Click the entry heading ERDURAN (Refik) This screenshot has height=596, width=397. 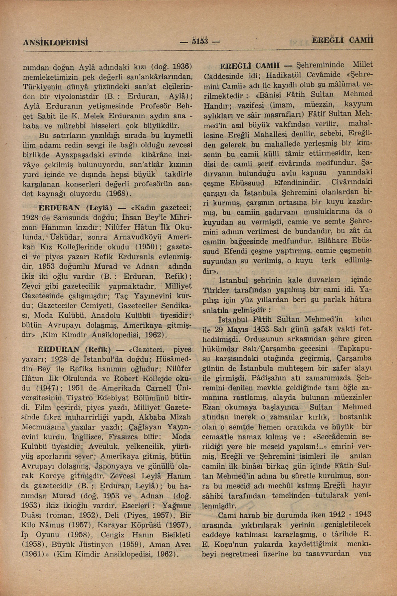coord(74,350)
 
